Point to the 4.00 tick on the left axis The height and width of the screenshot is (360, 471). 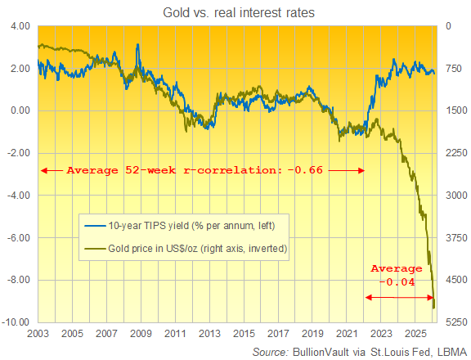click(19, 26)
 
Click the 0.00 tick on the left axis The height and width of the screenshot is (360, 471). click(19, 110)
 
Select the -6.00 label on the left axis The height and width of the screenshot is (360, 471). click(17, 238)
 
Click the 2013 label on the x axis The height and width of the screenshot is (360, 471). click(210, 335)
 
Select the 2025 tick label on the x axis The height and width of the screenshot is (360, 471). click(417, 335)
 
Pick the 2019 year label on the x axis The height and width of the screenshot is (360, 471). click(313, 335)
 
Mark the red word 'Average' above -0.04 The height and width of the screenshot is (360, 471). click(397, 268)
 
